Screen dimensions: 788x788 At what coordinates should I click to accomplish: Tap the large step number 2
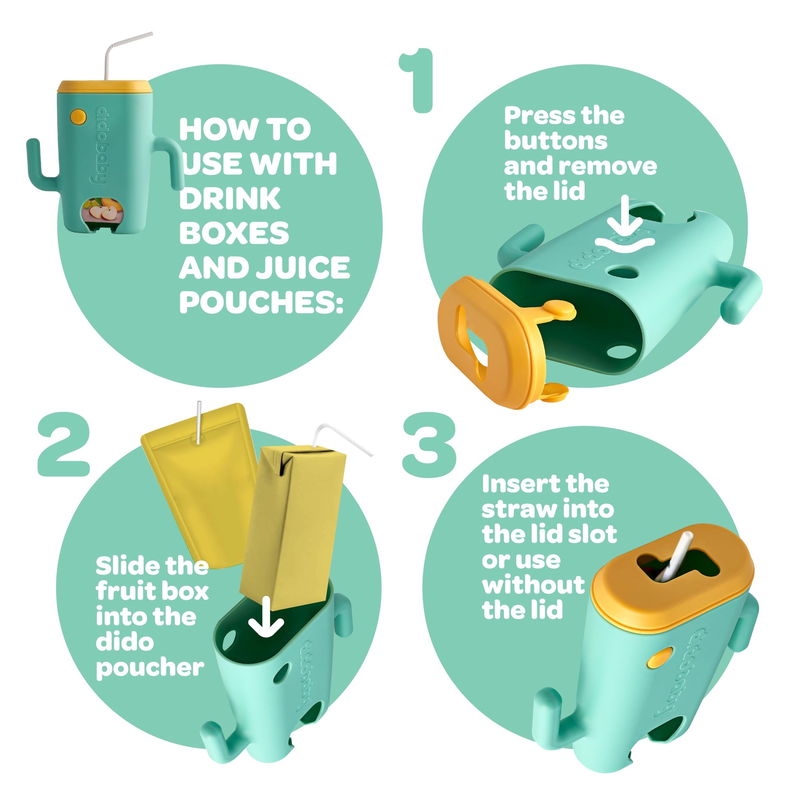click(64, 444)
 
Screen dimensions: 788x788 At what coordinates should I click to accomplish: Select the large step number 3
click(429, 445)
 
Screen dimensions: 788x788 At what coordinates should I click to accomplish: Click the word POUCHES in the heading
click(261, 302)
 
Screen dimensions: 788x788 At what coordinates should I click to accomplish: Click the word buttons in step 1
click(556, 141)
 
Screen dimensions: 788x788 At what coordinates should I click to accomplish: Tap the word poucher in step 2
click(150, 668)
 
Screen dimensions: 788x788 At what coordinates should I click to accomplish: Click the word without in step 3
click(533, 584)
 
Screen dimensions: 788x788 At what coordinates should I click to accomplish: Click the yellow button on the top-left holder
click(78, 116)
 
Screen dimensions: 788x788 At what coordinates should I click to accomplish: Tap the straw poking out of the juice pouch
click(199, 422)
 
